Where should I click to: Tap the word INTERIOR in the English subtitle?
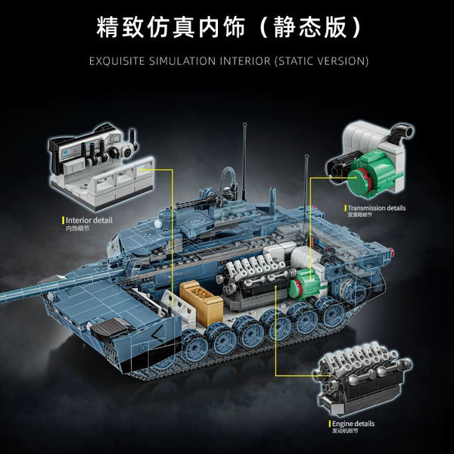[x=258, y=60]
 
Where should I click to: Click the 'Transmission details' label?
[x=377, y=207]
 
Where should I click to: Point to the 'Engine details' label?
[x=356, y=425]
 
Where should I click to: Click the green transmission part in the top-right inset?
[x=375, y=170]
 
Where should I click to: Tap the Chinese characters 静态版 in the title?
[x=316, y=26]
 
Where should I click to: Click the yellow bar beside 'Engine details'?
[x=329, y=425]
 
